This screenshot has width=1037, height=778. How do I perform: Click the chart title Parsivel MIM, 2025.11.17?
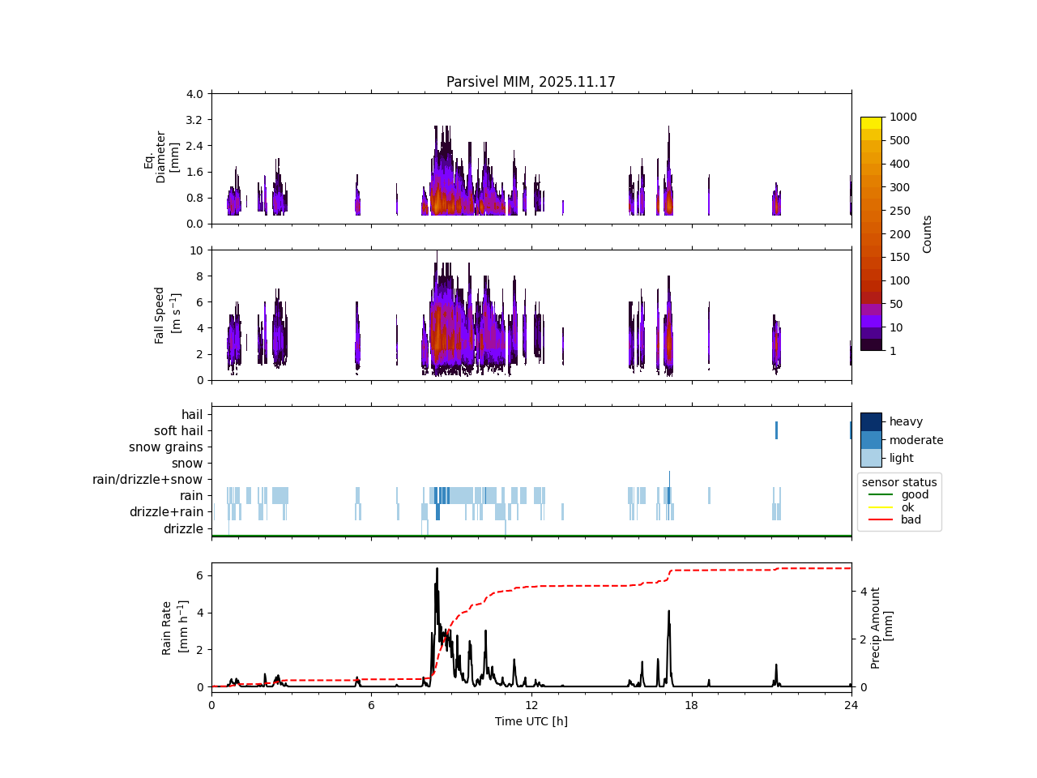point(531,82)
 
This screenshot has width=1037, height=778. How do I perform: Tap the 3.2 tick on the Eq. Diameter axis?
point(194,120)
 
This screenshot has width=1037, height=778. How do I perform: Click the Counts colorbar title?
point(928,234)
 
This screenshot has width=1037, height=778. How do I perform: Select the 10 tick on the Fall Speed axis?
point(196,250)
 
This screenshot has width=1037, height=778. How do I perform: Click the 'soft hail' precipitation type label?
point(178,431)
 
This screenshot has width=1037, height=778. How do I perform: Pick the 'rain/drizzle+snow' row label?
point(147,480)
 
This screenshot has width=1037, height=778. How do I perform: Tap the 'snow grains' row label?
point(165,447)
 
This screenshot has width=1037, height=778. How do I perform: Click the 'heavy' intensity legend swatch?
point(871,421)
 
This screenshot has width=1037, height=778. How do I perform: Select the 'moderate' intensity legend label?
point(916,440)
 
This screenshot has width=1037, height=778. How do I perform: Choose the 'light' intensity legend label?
point(903,458)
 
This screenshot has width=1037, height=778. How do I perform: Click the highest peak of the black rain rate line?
point(437,569)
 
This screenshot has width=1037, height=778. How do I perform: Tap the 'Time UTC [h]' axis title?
point(531,721)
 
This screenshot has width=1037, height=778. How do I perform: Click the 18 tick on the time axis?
point(691,705)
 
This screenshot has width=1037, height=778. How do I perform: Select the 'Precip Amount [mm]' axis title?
point(881,628)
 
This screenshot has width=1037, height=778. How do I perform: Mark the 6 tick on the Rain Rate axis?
point(198,575)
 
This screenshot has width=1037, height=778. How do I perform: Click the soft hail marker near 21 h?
point(776,430)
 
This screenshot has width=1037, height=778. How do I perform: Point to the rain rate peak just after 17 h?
point(669,611)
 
